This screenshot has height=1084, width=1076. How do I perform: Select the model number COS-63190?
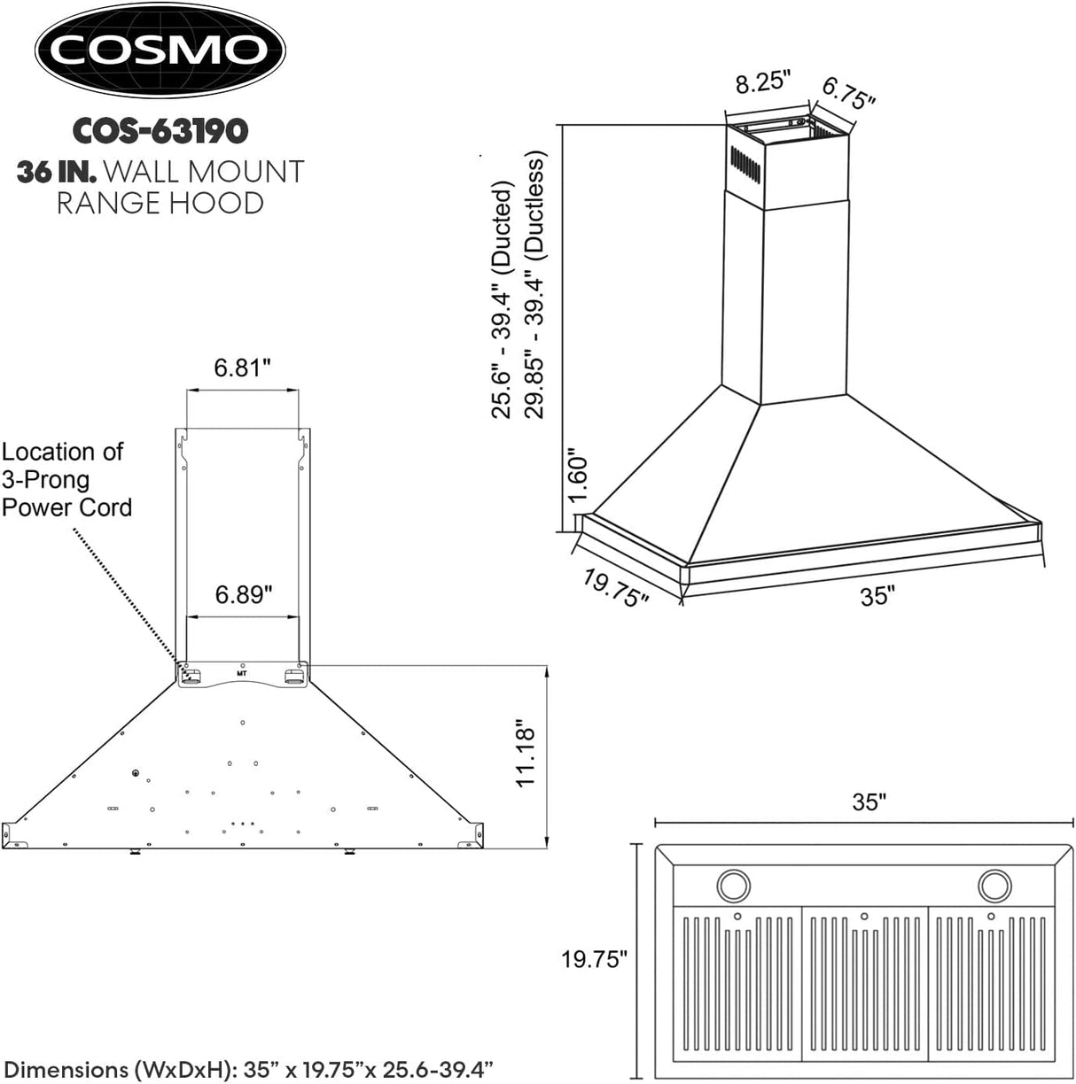tap(160, 131)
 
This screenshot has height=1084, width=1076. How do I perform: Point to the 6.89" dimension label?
tap(243, 594)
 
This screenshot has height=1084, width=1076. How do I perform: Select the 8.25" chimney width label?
tap(762, 83)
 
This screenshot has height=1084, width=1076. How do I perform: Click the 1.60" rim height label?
tap(579, 475)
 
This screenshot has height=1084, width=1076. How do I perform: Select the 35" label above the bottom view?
tap(869, 801)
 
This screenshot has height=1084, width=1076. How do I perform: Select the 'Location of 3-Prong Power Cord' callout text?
tap(66, 479)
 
